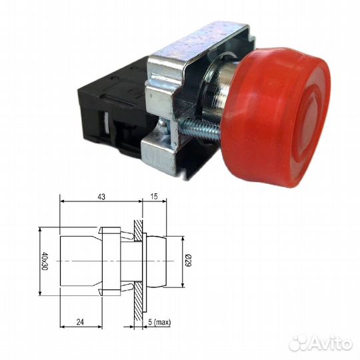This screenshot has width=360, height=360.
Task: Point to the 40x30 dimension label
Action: coord(45,261)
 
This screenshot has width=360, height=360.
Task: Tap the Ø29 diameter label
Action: coord(188,261)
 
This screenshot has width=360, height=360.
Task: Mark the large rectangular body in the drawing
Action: coord(79,261)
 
